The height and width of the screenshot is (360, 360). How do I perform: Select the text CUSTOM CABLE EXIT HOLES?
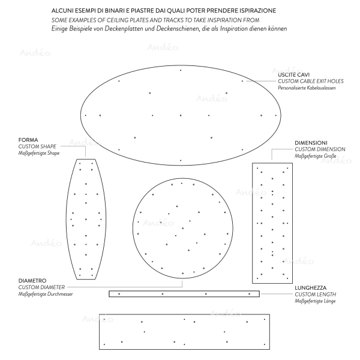[x=307, y=81]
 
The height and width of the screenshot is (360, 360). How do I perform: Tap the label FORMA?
[x=28, y=140]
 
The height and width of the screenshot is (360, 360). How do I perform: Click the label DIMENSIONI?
[x=311, y=142]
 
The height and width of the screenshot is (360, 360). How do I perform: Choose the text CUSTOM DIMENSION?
[x=320, y=149]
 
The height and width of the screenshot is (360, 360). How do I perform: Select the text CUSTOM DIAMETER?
[x=41, y=287]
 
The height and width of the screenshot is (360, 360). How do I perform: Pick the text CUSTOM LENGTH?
[x=315, y=295]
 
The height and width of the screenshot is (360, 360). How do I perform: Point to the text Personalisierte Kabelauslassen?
[x=307, y=88]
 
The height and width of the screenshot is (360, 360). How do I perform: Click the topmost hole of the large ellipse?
[x=181, y=71]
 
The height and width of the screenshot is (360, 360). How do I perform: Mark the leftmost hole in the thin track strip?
[x=119, y=293]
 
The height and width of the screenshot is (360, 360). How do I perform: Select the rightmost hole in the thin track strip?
[x=250, y=293]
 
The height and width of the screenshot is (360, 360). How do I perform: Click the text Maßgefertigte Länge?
[x=315, y=301]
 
